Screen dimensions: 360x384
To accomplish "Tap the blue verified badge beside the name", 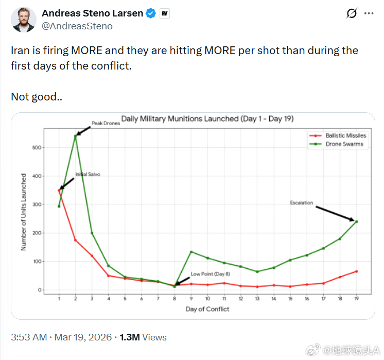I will point(150,13).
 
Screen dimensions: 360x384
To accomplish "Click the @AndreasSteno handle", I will point(77,26).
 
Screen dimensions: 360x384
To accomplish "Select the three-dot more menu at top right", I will point(369,13).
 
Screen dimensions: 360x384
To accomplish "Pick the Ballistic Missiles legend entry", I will point(345,135).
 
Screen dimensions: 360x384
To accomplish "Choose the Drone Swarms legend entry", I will point(344,144).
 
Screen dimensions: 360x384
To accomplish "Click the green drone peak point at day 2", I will point(76,136).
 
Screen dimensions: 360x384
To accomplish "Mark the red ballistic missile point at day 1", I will point(59,191).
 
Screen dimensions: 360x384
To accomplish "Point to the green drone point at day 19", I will point(356,221).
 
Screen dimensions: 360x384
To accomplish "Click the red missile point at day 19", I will point(356,271).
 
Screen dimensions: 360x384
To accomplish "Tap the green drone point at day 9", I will point(191,252).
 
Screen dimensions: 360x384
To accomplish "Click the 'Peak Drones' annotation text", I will point(106,124).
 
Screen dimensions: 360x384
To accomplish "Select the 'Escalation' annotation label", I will point(301,203).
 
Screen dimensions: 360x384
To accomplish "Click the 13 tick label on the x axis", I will point(257,299).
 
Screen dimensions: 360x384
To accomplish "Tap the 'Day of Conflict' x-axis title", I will point(207,309).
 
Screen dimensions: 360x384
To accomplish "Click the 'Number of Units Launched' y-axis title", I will point(24,212).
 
